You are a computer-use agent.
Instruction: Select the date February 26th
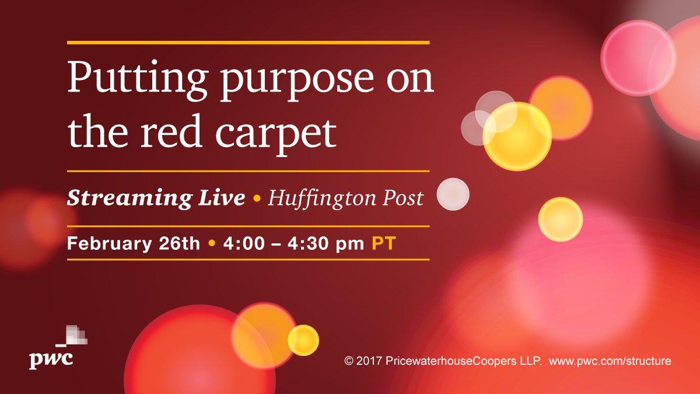point(134,243)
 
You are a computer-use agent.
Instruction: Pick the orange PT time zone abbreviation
point(383,243)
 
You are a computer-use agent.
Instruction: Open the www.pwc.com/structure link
point(610,361)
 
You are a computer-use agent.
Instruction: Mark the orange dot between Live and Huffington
point(257,199)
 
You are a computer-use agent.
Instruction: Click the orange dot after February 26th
point(212,243)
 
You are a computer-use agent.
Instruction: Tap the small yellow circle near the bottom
point(303,340)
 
